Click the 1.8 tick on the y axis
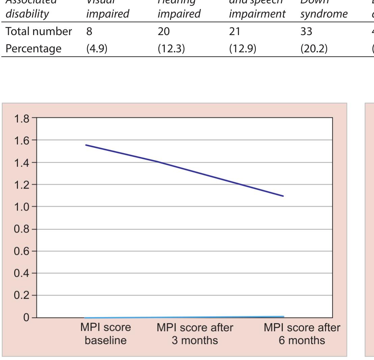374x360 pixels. (22, 118)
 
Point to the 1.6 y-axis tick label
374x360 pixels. (22, 140)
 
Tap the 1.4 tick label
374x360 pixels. (22, 163)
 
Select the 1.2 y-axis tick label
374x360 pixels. (22, 185)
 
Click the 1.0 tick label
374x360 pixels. (22, 207)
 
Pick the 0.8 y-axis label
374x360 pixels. (22, 229)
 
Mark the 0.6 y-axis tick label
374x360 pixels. (22, 251)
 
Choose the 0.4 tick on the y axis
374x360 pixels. (22, 273)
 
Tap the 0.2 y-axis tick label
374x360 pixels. (22, 296)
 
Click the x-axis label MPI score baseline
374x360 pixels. (105, 334)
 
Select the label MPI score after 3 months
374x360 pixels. (195, 334)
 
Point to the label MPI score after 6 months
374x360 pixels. (302, 334)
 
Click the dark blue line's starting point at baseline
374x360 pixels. (86, 145)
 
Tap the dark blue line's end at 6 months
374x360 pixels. (283, 196)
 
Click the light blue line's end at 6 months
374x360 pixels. (283, 316)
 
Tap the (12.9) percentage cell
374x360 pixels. (243, 49)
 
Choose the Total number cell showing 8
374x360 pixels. (89, 32)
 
